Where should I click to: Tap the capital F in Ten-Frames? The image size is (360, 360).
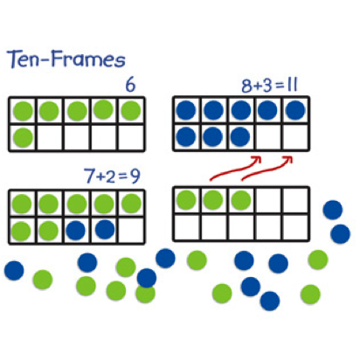(59, 59)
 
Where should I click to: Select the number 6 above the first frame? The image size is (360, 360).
(130, 85)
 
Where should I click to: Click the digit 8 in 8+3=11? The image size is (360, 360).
(246, 87)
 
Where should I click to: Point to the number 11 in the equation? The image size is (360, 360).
(292, 86)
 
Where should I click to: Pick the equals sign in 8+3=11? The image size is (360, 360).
(280, 86)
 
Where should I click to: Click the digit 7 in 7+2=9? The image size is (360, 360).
(89, 176)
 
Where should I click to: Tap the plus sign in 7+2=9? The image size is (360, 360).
(100, 177)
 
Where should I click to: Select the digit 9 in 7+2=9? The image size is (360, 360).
(135, 177)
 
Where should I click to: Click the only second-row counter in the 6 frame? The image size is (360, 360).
(23, 138)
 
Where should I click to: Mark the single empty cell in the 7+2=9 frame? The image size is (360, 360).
(131, 230)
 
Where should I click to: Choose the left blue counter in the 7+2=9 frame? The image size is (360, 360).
(75, 230)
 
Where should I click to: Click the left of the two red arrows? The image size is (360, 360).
(235, 170)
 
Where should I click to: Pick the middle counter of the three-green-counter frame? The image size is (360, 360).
(213, 200)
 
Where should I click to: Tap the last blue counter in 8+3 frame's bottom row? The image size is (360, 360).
(240, 137)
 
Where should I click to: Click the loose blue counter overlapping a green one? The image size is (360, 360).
(147, 278)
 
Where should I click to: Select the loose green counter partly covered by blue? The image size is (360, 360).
(145, 294)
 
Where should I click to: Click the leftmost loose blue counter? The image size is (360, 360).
(14, 271)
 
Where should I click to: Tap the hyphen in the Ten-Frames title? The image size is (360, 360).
(45, 59)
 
